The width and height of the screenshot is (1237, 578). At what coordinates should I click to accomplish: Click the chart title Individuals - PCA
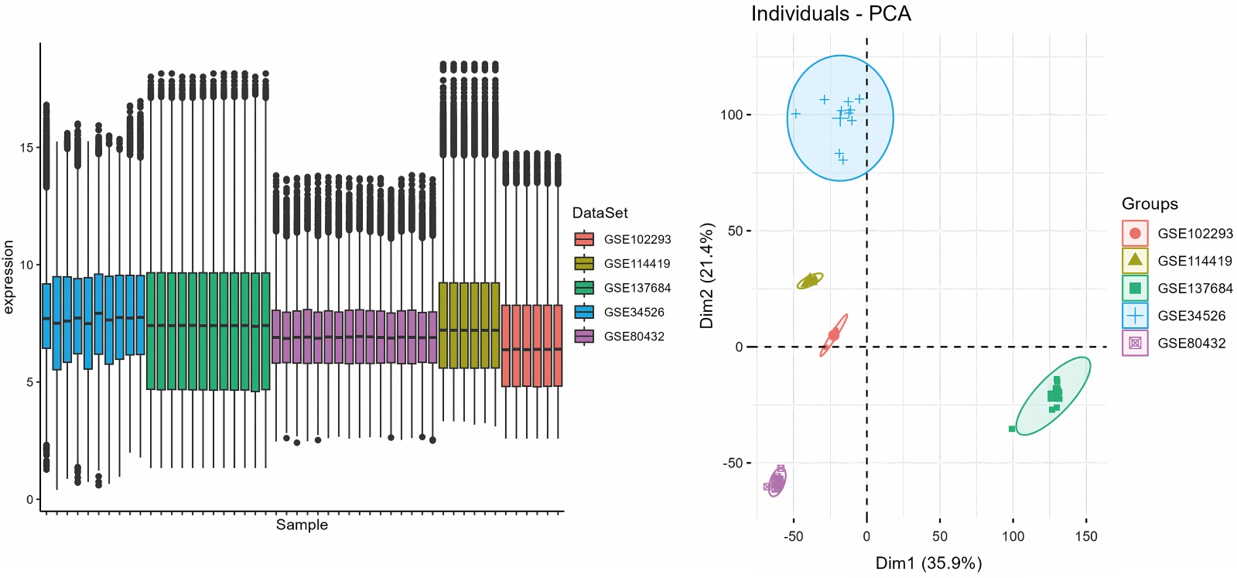tap(831, 14)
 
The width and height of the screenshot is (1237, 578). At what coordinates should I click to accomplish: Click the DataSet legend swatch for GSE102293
tap(584, 239)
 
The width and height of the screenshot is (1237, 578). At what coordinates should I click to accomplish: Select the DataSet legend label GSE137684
tap(637, 288)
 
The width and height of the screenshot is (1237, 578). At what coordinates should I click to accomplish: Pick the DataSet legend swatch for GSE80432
tap(584, 336)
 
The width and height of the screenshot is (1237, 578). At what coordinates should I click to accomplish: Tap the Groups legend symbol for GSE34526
tap(1135, 315)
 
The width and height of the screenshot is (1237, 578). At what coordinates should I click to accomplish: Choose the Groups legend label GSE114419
tap(1194, 261)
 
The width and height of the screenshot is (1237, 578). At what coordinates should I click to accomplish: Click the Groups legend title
tap(1150, 203)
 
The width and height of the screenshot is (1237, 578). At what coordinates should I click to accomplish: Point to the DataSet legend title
tap(600, 213)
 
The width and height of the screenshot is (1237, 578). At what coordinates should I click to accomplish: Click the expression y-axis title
tap(9, 277)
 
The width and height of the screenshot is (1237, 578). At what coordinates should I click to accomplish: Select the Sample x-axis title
tap(302, 525)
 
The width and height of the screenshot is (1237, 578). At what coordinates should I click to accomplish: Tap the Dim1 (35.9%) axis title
tap(928, 563)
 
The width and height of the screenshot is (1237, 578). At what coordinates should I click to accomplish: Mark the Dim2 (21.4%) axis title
tap(706, 275)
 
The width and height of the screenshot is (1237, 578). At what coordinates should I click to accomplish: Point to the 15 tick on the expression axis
tap(26, 147)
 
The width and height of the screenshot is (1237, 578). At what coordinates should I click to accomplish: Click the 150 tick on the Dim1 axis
tap(1086, 535)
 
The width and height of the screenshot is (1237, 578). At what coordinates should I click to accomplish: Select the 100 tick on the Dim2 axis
tap(731, 115)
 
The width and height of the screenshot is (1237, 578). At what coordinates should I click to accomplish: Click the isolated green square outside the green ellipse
tap(1012, 429)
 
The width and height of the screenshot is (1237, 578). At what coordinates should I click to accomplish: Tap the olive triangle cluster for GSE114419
tap(809, 281)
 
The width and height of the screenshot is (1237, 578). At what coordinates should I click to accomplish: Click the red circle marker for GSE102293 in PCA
tap(833, 335)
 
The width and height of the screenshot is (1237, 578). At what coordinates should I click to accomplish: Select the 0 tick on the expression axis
tap(29, 499)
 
